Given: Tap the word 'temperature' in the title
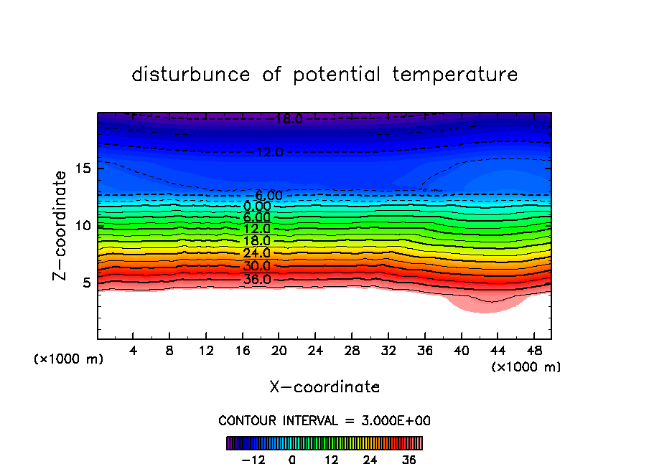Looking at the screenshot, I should coord(455,75).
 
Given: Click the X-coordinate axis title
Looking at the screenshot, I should coord(324,387).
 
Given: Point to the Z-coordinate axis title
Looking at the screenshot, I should coord(61,225).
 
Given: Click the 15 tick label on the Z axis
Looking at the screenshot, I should coord(82,169).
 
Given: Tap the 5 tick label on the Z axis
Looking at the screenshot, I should coord(85,283).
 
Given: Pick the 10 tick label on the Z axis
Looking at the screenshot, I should coord(82,225).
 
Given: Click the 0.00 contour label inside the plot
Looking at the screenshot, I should coord(257,207).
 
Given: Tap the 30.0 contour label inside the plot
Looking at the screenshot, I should coord(257,266).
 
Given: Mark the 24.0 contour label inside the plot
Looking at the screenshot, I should coord(257,253).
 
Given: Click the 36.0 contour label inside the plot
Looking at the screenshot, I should coord(257,280).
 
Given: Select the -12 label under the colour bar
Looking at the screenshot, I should coord(253,460).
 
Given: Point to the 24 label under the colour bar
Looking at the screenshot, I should coord(370,460).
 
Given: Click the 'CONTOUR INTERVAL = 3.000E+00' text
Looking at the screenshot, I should coord(324,421).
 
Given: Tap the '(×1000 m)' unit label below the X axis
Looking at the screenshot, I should coord(526,367).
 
